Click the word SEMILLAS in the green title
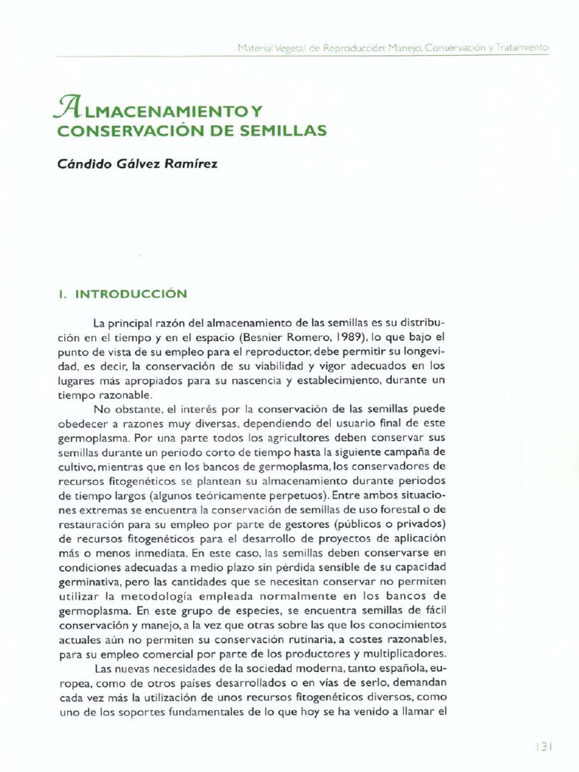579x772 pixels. pyautogui.click(x=286, y=130)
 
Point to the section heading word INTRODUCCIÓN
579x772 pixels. pyautogui.click(x=131, y=293)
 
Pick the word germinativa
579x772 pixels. pyautogui.click(x=90, y=582)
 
